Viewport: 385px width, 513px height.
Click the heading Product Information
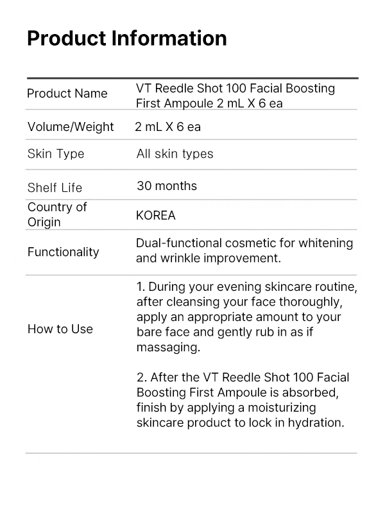(126, 39)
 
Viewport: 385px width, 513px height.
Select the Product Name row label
(67, 94)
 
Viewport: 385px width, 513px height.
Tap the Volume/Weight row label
(71, 126)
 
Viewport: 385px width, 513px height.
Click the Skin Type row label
(56, 154)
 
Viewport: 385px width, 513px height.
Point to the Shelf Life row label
(55, 187)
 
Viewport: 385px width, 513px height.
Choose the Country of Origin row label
(56, 214)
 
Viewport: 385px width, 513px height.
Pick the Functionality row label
(63, 252)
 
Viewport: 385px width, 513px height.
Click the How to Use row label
(60, 329)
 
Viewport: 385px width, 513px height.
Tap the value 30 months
(167, 186)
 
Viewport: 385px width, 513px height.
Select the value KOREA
(155, 215)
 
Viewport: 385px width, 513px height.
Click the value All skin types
(175, 154)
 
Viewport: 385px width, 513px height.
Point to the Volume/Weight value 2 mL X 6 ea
(167, 126)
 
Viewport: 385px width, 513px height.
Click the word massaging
(167, 347)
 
